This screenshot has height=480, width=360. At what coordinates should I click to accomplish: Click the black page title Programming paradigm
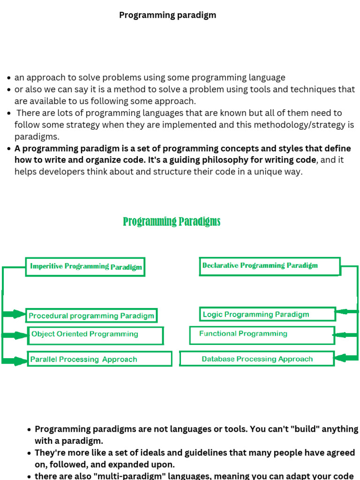(x=167, y=15)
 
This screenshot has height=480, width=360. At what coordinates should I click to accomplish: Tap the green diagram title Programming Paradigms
(x=172, y=221)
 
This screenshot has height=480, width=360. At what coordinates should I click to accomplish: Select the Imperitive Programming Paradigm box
(x=85, y=267)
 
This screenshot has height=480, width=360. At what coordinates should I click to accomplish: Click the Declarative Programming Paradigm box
(x=270, y=266)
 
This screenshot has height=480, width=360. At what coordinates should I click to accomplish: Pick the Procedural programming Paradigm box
(x=91, y=315)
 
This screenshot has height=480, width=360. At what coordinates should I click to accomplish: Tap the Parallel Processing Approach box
(x=99, y=359)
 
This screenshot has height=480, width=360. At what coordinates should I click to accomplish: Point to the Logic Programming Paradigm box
(x=268, y=314)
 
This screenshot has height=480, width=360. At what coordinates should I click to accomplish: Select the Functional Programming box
(x=262, y=335)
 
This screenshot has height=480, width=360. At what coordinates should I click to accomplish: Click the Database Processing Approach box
(x=257, y=359)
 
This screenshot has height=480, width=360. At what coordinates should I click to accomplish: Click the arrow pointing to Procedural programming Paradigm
(x=15, y=314)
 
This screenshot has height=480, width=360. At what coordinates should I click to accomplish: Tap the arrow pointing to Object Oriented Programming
(x=15, y=335)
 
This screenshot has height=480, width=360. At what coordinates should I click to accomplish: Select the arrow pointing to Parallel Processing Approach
(x=15, y=360)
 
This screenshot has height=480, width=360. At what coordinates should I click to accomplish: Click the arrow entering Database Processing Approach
(x=346, y=359)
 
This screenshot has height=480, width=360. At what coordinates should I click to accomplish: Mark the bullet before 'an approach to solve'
(x=9, y=78)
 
